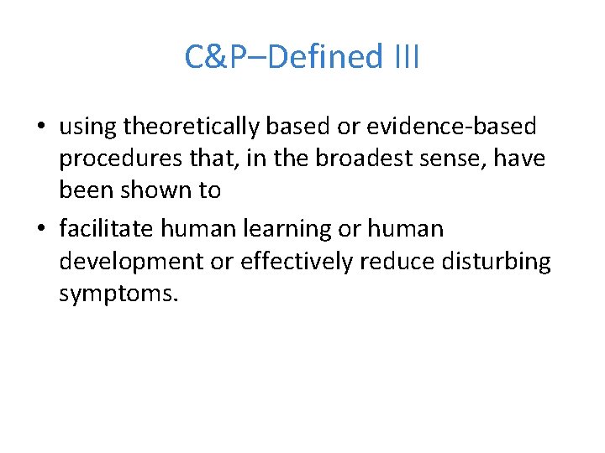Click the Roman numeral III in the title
point(406,57)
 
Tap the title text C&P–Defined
point(284,57)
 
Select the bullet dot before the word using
point(40,127)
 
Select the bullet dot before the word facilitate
point(40,229)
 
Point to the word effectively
point(297,261)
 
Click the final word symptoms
point(118,294)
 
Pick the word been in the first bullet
point(84,190)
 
